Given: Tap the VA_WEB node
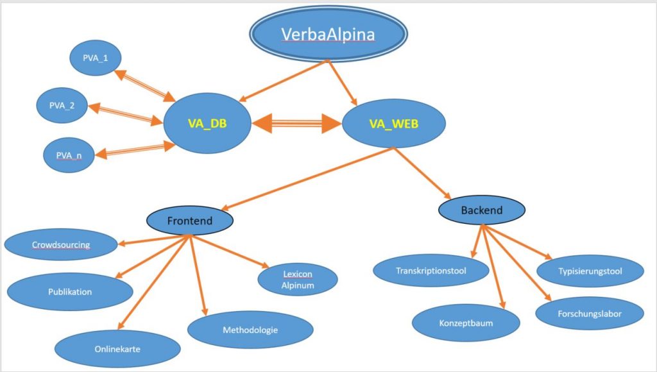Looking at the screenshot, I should pyautogui.click(x=393, y=123).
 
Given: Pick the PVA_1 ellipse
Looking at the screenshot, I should pyautogui.click(x=96, y=58).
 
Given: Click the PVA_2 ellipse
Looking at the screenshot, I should pyautogui.click(x=61, y=105).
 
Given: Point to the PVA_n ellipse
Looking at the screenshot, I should pyautogui.click(x=69, y=154).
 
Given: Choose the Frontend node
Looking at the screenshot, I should pyautogui.click(x=190, y=221).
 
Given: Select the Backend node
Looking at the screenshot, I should pyautogui.click(x=482, y=210).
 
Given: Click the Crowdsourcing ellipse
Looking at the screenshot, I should pyautogui.click(x=61, y=244).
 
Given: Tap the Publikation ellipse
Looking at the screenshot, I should pyautogui.click(x=70, y=292).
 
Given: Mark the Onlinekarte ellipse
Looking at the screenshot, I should pyautogui.click(x=117, y=349).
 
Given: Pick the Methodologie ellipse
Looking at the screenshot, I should pyautogui.click(x=250, y=330).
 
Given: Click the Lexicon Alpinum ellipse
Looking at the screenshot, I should pyautogui.click(x=297, y=280).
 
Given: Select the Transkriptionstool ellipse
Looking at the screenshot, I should pyautogui.click(x=431, y=271).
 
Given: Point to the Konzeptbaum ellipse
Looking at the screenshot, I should pyautogui.click(x=466, y=323).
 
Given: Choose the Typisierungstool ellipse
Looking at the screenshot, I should pyautogui.click(x=590, y=271).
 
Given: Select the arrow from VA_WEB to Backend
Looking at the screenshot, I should pyautogui.click(x=423, y=174).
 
